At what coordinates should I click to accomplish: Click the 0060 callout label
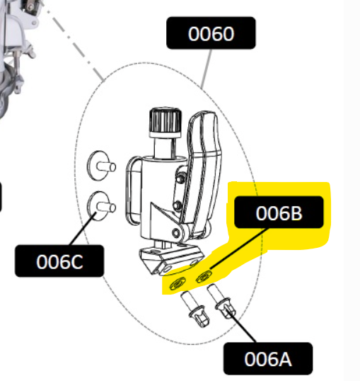[x=211, y=33]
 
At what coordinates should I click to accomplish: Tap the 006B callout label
[x=279, y=212]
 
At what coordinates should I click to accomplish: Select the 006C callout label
[x=59, y=261]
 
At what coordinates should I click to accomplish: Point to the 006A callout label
[x=268, y=358]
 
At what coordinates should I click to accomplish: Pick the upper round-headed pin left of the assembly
[x=101, y=166]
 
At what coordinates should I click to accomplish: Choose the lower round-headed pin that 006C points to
[x=101, y=206]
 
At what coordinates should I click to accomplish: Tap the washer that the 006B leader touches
[x=204, y=276]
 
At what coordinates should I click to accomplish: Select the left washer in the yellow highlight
[x=178, y=283]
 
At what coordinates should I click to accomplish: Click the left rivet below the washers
[x=194, y=309]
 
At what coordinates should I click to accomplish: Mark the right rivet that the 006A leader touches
[x=221, y=301]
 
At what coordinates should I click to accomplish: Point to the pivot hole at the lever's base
[x=176, y=233]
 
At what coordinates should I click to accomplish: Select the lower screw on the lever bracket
[x=178, y=205]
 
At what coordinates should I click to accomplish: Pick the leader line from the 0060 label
[x=207, y=69]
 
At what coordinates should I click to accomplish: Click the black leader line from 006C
[x=83, y=229]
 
